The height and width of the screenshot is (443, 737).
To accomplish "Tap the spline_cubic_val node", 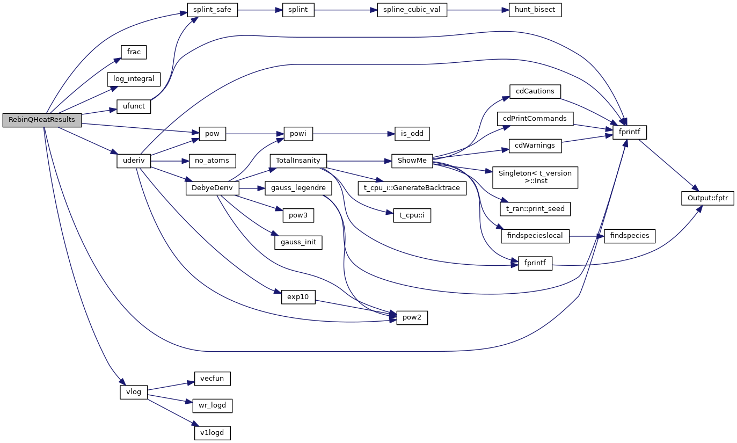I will [x=412, y=10].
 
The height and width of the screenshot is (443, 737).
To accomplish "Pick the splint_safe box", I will [x=212, y=10].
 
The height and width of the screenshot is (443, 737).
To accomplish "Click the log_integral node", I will [x=134, y=79].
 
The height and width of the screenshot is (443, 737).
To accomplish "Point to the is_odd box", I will [x=411, y=133].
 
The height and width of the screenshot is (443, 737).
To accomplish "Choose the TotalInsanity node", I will [x=298, y=161].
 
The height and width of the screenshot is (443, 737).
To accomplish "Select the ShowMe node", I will [x=412, y=161].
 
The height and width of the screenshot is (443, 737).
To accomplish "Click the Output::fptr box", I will [x=707, y=198].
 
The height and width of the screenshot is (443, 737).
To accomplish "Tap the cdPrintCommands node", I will [x=535, y=119].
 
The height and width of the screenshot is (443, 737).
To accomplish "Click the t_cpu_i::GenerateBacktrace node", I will [x=412, y=188].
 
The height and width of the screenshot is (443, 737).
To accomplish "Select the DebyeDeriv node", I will [x=212, y=188].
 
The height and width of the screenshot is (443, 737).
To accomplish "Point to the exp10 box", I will [x=298, y=297].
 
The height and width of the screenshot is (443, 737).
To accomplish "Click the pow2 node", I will [x=412, y=318].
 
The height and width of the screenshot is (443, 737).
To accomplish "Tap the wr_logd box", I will [x=212, y=406].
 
